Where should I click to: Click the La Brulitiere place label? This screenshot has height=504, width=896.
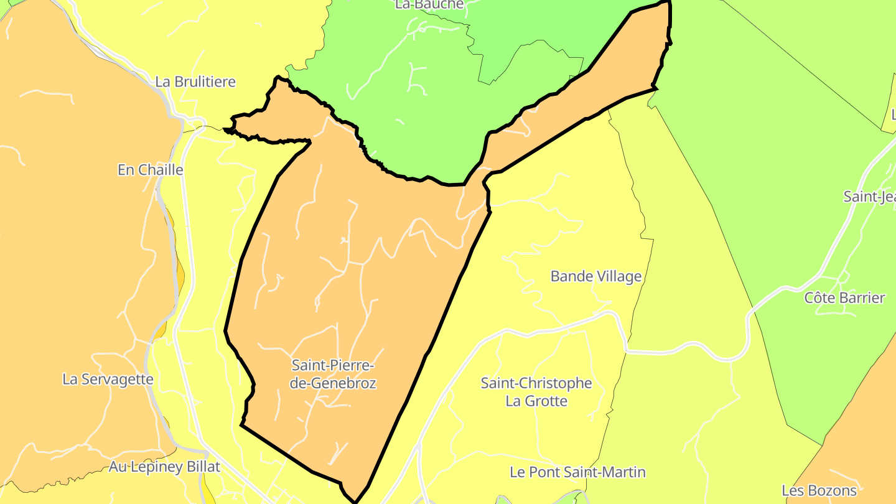coord(195,82)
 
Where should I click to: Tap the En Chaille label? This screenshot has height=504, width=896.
coord(150,170)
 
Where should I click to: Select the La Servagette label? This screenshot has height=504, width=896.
coord(108,379)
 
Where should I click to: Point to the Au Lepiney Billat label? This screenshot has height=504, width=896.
coord(164,467)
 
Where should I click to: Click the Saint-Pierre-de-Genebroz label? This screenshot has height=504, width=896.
coord(333,374)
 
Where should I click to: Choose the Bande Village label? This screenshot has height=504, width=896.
coord(595,276)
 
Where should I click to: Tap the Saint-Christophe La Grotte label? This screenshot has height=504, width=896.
coord(536,392)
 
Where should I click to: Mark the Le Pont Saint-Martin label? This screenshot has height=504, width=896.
coord(577,472)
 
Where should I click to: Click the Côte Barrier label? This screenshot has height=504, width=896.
coord(844,298)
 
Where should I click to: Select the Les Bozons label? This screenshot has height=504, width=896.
coord(819,490)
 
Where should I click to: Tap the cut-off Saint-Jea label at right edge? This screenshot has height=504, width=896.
coord(869,197)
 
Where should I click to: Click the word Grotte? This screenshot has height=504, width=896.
coord(546,401)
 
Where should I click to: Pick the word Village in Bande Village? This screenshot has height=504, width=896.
coord(618,276)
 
